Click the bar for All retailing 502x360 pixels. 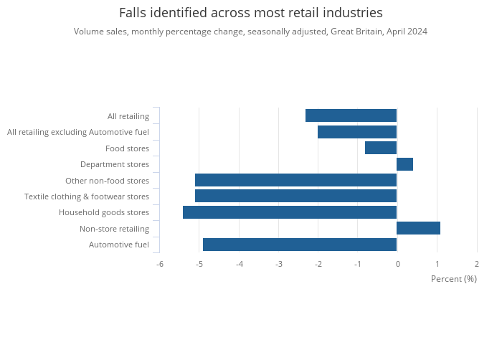[x=351, y=115]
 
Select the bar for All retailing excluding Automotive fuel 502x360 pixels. [x=357, y=132]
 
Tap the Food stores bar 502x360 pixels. [x=381, y=148]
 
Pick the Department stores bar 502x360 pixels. [x=404, y=164]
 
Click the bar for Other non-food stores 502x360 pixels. [x=295, y=180]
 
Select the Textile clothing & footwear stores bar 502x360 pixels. [x=295, y=196]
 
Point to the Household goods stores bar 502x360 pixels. [x=290, y=212]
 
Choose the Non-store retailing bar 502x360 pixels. [x=418, y=228]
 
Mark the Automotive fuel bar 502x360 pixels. [x=300, y=245]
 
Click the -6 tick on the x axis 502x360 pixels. [x=160, y=264]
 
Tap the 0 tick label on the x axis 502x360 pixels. [x=397, y=264]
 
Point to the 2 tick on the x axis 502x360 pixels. [x=477, y=264]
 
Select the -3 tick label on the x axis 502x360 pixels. [x=278, y=264]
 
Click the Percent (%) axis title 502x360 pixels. [x=453, y=279]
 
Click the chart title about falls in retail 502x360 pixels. [x=250, y=13]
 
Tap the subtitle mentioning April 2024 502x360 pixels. [x=250, y=32]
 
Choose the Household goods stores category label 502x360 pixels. [x=104, y=212]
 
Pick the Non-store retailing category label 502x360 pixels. [x=114, y=229]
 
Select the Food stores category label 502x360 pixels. [x=127, y=148]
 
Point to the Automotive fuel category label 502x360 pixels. [x=119, y=245]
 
